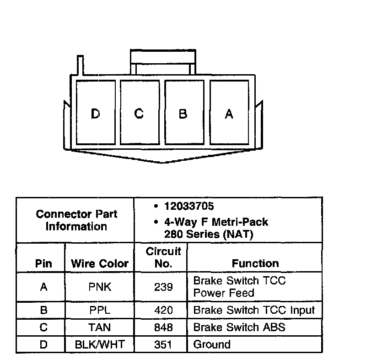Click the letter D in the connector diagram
pyautogui.click(x=95, y=114)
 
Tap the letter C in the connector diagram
pyautogui.click(x=139, y=113)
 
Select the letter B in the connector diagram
pyautogui.click(x=183, y=114)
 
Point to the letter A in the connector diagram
pyautogui.click(x=229, y=114)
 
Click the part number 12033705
pyautogui.click(x=189, y=207)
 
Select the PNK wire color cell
pyautogui.click(x=99, y=287)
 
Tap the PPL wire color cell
pyautogui.click(x=99, y=310)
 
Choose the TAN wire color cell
pyautogui.click(x=99, y=327)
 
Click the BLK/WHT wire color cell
pyautogui.click(x=99, y=344)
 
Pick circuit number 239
pyautogui.click(x=163, y=287)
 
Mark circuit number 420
pyautogui.click(x=163, y=310)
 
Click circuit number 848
pyautogui.click(x=163, y=327)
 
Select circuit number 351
pyautogui.click(x=163, y=344)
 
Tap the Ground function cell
pyautogui.click(x=212, y=344)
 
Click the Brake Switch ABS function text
pyautogui.click(x=239, y=327)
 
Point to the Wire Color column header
pyautogui.click(x=99, y=264)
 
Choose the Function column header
pyautogui.click(x=255, y=263)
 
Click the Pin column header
pyautogui.click(x=43, y=264)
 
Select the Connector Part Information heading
pyautogui.click(x=76, y=220)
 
